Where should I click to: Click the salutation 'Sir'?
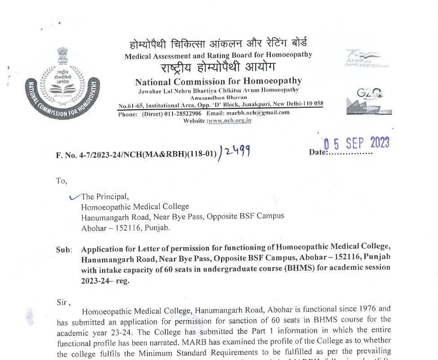(x=63, y=302)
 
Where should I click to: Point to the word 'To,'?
(x=62, y=181)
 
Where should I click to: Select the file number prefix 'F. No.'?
(x=67, y=156)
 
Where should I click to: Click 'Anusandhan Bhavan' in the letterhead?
(x=219, y=97)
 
